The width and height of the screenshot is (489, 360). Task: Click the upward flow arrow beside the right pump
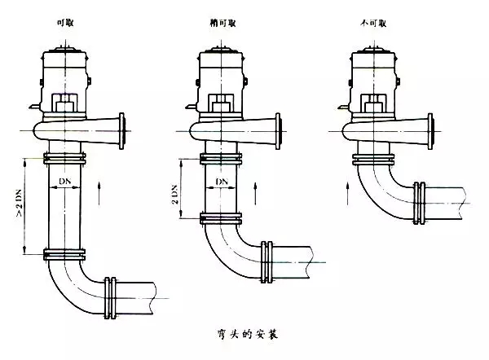[348, 190]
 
